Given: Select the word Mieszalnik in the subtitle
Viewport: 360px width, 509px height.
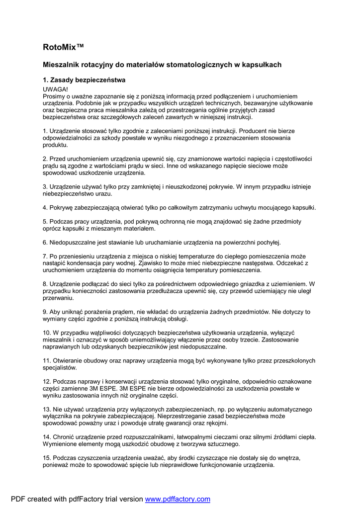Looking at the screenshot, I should tap(61, 65).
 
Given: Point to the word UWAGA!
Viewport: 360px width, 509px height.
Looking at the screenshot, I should tap(55, 88).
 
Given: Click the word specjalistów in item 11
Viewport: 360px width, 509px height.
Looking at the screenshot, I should tap(60, 368).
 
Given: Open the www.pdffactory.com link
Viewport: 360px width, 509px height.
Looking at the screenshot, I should tap(178, 499).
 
